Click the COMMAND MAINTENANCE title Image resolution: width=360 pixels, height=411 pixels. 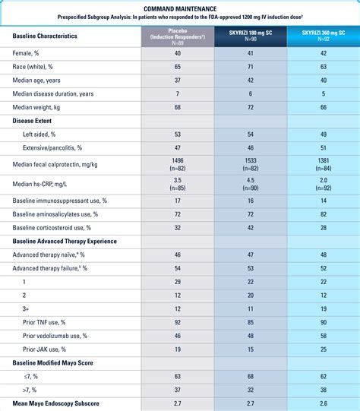tap(180, 9)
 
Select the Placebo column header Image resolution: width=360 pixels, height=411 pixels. tap(178, 36)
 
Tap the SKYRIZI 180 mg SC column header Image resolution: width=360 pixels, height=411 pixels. tap(251, 36)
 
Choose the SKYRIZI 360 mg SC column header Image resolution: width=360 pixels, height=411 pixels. tap(324, 36)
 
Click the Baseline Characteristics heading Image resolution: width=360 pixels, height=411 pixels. tap(45, 36)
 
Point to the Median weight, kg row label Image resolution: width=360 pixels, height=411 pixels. tap(36, 107)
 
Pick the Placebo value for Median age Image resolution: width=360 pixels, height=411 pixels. tap(178, 81)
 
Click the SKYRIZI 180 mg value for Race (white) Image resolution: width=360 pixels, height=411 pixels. tap(251, 67)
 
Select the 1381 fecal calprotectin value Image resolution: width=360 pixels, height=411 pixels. tap(324, 160)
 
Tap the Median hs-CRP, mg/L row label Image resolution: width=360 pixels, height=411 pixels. tap(39, 185)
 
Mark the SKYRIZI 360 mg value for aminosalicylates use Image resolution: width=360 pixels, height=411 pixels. tap(324, 214)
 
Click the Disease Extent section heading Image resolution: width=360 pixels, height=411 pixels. tap(32, 121)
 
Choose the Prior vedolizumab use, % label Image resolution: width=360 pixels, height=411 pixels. tap(55, 336)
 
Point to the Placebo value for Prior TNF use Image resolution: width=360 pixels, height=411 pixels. tap(178, 322)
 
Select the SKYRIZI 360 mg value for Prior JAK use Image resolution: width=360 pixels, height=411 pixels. tap(324, 349)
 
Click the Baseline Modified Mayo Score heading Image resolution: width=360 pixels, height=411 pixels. tap(52, 363)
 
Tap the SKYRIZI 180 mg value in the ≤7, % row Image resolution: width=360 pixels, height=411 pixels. tap(251, 376)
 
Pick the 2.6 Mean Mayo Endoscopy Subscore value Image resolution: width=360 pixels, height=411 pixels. tap(324, 403)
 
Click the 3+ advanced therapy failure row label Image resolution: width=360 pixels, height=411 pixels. tap(25, 308)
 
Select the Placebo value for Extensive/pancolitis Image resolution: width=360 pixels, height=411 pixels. tap(178, 148)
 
